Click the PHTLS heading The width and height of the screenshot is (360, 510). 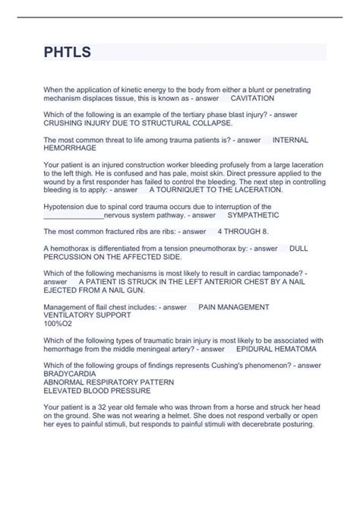point(68,52)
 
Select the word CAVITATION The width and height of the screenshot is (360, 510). point(253,99)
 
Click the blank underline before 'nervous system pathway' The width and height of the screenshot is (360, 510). point(73,216)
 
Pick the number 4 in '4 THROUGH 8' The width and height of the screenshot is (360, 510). point(220,230)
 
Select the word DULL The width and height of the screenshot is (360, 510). point(298,248)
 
